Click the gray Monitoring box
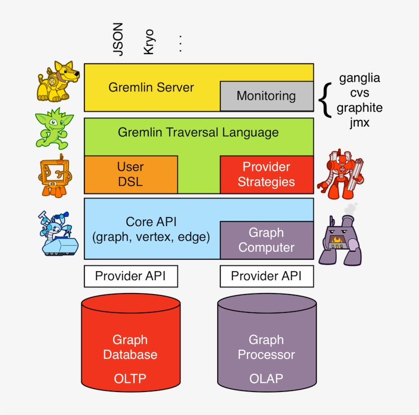click(266, 96)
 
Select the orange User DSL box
click(130, 175)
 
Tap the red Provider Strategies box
click(266, 175)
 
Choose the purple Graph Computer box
click(266, 240)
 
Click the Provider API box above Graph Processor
click(266, 276)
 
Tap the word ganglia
click(359, 79)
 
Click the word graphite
click(359, 108)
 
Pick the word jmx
click(359, 123)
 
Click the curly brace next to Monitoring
click(324, 100)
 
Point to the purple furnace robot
click(340, 237)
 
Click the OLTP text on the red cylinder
click(130, 378)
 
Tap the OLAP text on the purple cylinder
click(266, 378)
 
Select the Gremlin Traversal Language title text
click(198, 133)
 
